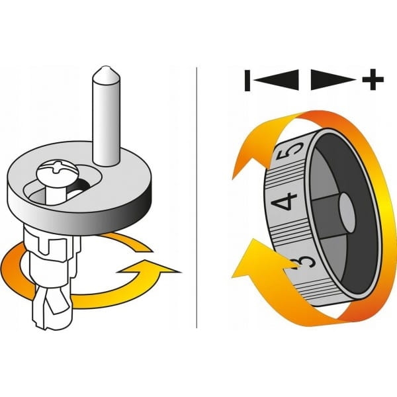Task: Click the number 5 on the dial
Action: [x=292, y=150]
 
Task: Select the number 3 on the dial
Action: [x=304, y=264]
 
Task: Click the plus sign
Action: [x=373, y=79]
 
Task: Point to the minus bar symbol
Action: [x=247, y=81]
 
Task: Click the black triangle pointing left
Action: [x=276, y=80]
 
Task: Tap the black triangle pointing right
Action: [x=333, y=80]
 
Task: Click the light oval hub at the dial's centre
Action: [x=347, y=212]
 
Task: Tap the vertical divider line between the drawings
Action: [x=197, y=197]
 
